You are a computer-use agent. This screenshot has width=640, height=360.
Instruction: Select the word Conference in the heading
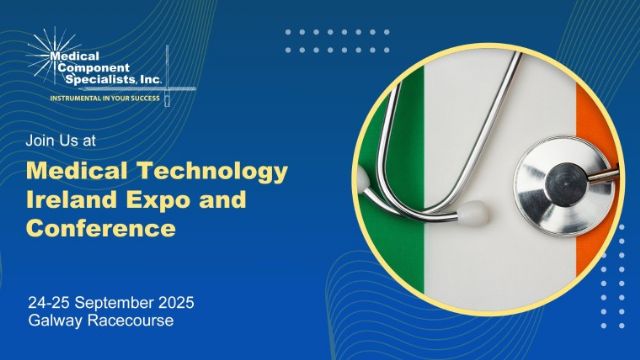pos(101,229)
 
